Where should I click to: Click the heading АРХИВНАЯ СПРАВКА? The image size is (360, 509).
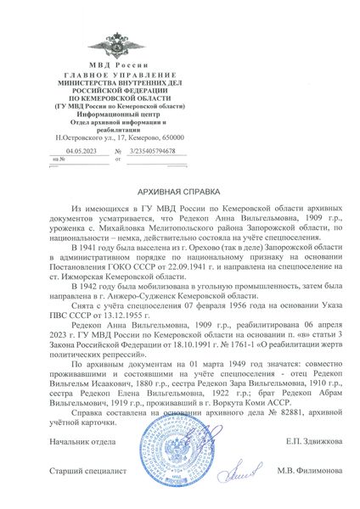click(x=179, y=193)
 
